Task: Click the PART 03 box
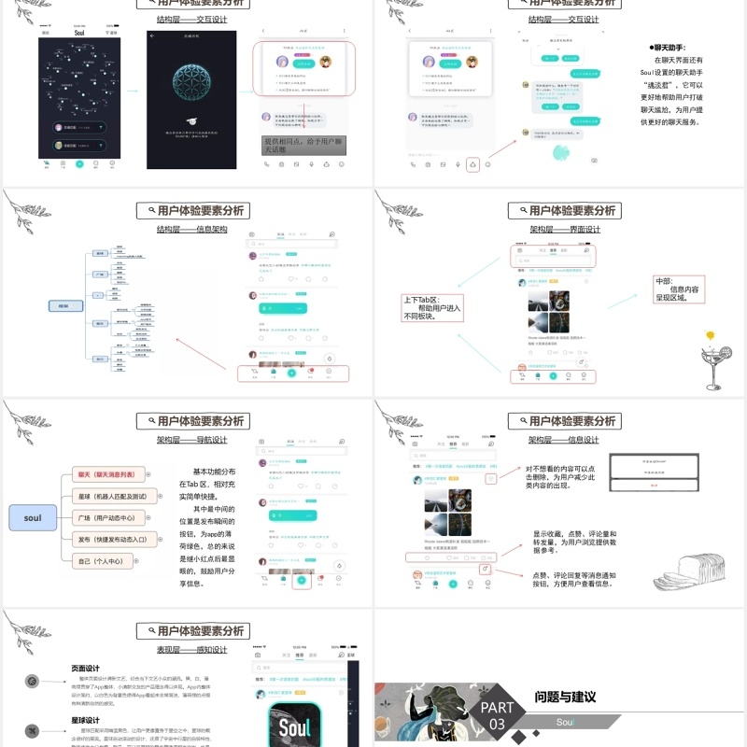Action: (x=497, y=715)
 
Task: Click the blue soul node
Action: (x=33, y=517)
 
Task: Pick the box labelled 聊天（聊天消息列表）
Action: (x=110, y=474)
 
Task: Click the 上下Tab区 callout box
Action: (x=431, y=307)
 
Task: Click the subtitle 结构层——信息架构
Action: (x=191, y=229)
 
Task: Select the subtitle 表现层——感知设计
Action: (x=191, y=650)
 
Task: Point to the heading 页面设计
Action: (x=85, y=669)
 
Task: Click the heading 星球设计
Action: (x=85, y=720)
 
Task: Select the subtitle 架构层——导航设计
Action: (x=191, y=439)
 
